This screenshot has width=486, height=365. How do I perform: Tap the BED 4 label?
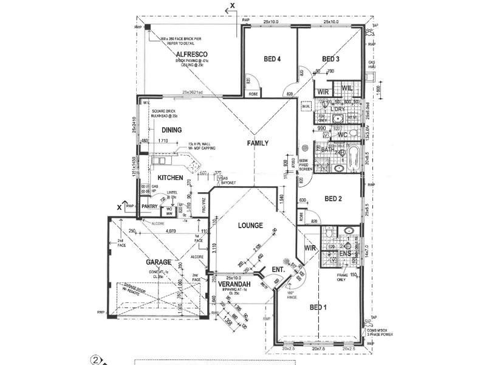coord(272,60)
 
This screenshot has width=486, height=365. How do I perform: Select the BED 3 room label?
coord(330,59)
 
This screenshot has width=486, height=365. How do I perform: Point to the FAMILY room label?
coord(258,144)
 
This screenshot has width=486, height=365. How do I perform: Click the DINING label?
coord(171,130)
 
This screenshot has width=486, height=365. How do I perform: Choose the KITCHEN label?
coord(171,177)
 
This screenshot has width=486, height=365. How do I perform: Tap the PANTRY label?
coord(149,206)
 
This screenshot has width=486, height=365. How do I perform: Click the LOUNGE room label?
coord(250,225)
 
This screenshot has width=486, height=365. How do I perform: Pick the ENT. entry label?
coord(279,269)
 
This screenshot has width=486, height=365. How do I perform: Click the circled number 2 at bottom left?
coord(95,359)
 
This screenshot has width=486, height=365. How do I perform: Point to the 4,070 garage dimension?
coord(171,231)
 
